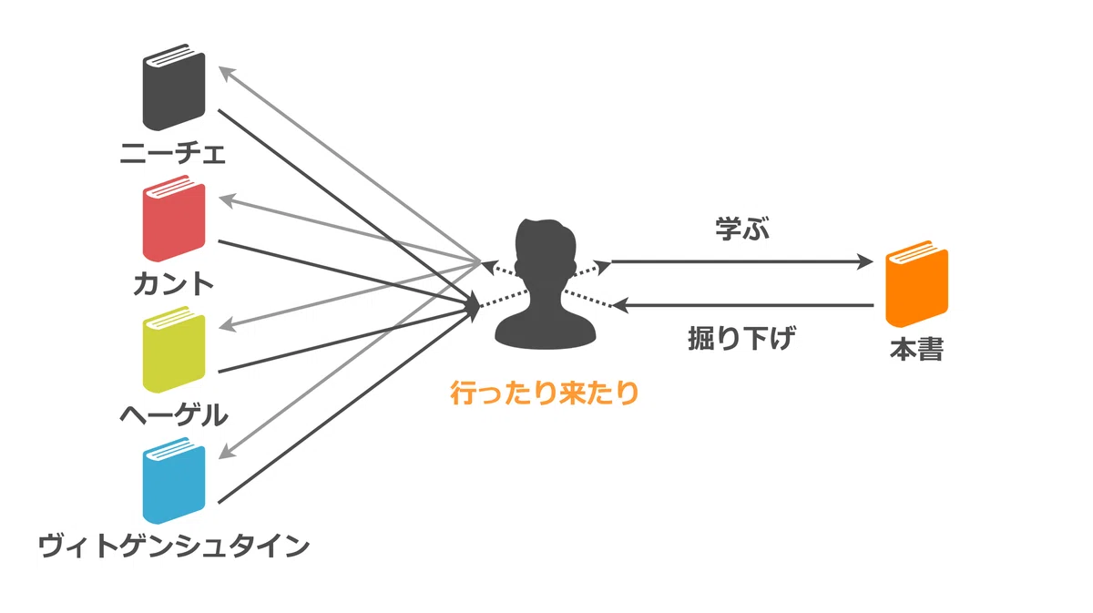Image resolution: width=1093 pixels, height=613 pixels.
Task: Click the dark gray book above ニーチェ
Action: tap(174, 87)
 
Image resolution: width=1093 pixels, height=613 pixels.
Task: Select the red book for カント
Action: tap(174, 219)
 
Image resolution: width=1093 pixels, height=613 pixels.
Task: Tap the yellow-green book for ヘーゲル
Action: tap(174, 350)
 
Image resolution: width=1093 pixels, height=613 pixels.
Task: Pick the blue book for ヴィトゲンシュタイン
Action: tap(174, 480)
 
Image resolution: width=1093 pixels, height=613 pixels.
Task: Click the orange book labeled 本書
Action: tap(917, 283)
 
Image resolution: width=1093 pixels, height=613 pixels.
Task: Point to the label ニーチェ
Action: tap(173, 153)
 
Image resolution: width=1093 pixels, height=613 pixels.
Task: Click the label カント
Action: tap(173, 284)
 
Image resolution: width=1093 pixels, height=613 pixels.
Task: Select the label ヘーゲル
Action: tap(174, 415)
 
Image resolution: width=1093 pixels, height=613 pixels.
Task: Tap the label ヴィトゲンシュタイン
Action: tap(174, 547)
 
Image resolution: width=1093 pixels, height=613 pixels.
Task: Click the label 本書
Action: tap(917, 350)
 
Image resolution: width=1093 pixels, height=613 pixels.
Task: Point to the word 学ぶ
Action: tap(742, 229)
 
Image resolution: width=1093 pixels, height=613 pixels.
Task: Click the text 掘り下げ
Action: tap(742, 338)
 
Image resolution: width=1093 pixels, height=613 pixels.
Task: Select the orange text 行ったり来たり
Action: tap(545, 393)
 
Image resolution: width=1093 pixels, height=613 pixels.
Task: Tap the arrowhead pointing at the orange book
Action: tap(865, 262)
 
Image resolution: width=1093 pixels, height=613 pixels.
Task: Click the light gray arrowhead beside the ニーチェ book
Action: tap(227, 74)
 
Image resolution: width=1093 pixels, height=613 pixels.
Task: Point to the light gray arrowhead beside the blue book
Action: tap(227, 452)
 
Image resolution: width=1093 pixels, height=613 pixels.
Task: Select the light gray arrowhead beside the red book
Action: tap(228, 200)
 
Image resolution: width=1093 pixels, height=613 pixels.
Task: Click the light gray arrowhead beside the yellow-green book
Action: tap(228, 324)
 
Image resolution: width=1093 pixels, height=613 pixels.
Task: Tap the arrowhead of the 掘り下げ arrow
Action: tap(620, 305)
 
